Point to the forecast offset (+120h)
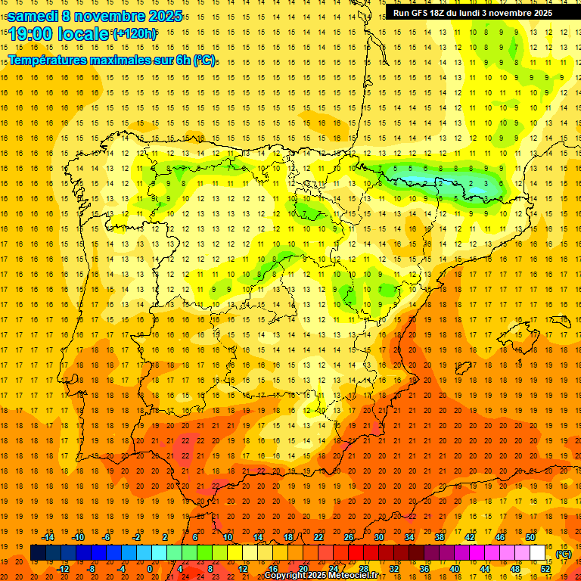[134, 33]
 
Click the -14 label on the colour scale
[48, 537]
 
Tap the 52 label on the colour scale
[545, 569]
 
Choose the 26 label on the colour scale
[349, 537]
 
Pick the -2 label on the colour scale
[136, 537]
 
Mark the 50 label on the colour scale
[530, 537]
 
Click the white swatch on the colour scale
[538, 553]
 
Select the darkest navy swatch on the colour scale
[38, 553]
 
